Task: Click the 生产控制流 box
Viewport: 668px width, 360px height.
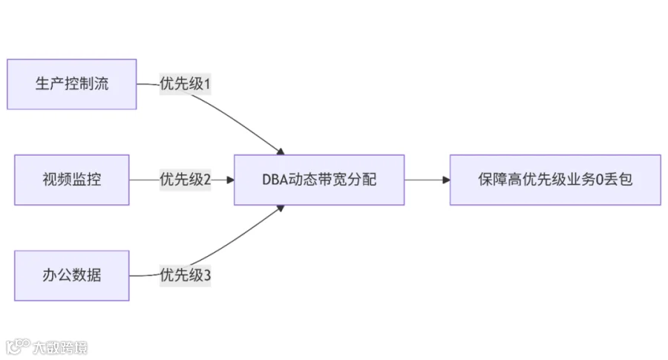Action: pyautogui.click(x=72, y=84)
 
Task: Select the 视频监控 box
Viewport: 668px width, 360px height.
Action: pyautogui.click(x=72, y=180)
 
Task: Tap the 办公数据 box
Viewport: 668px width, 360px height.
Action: pyautogui.click(x=72, y=275)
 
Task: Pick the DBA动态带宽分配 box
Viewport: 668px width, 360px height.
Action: pyautogui.click(x=319, y=180)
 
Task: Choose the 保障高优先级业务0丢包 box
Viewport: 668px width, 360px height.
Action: pyautogui.click(x=555, y=180)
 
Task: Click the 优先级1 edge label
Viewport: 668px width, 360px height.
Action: pyautogui.click(x=186, y=84)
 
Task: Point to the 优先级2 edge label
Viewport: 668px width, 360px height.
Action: pyautogui.click(x=186, y=180)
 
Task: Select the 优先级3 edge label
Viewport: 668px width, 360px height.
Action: pyautogui.click(x=186, y=275)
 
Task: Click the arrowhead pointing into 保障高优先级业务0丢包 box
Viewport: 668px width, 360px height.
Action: pyautogui.click(x=445, y=180)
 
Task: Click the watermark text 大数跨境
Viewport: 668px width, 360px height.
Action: pyautogui.click(x=59, y=347)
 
